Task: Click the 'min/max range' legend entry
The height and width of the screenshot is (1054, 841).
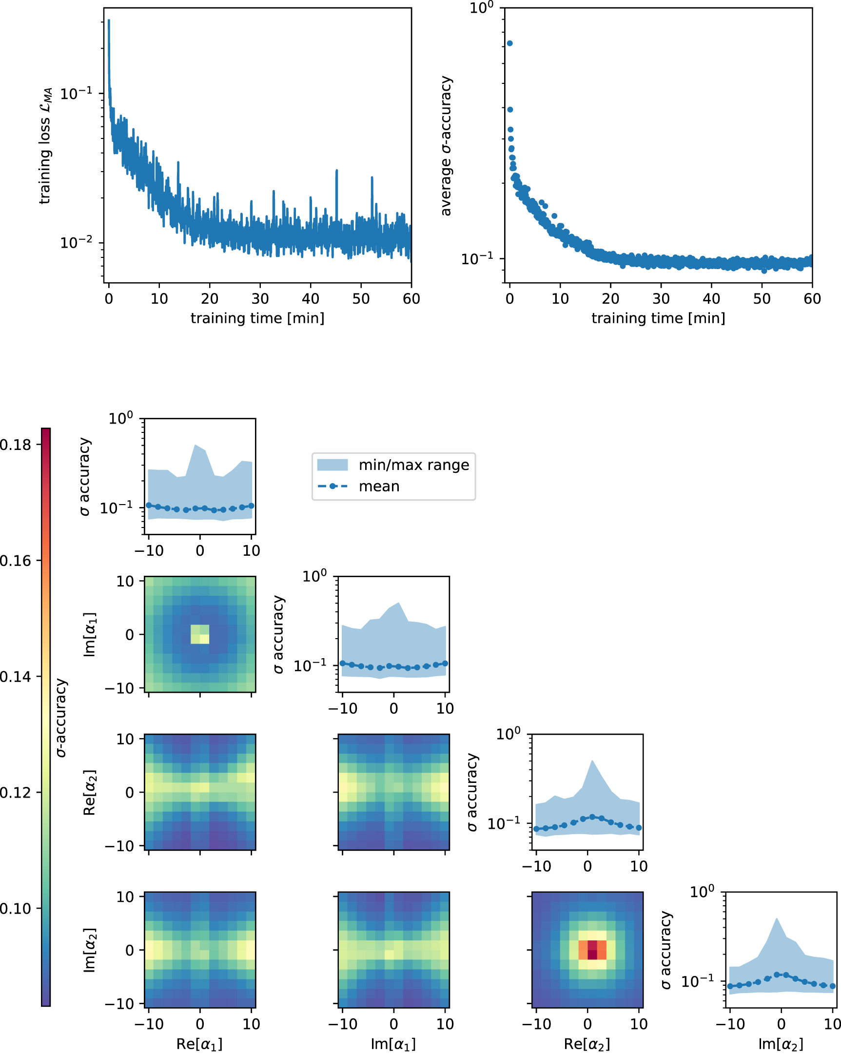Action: (x=413, y=465)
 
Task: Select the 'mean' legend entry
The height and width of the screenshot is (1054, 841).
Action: (x=379, y=487)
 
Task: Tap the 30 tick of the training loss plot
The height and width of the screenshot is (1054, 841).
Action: (x=260, y=299)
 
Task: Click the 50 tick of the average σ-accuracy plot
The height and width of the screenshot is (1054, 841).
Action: (x=762, y=299)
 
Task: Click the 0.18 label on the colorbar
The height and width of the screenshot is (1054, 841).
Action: (x=15, y=445)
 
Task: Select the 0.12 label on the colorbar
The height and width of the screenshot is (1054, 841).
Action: (x=15, y=792)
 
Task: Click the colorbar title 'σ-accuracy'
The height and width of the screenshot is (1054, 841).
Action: (x=61, y=718)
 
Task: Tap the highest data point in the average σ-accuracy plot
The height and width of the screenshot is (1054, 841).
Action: (x=509, y=43)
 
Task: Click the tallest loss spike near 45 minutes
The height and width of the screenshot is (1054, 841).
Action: (x=336, y=171)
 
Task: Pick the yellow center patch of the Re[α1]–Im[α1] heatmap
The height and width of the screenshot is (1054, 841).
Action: (x=199, y=634)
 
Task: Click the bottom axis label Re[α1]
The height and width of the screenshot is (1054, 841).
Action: (x=199, y=1044)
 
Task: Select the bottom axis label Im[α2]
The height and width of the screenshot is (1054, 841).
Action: (x=781, y=1044)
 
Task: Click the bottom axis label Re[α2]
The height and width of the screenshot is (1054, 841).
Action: (x=587, y=1044)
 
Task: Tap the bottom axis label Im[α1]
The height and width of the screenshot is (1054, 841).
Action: (x=393, y=1044)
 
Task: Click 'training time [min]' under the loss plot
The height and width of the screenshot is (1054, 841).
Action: (x=257, y=318)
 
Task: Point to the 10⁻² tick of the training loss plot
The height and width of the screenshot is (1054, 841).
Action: (x=76, y=242)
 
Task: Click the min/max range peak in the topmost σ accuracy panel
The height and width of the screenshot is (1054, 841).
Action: (x=195, y=446)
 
